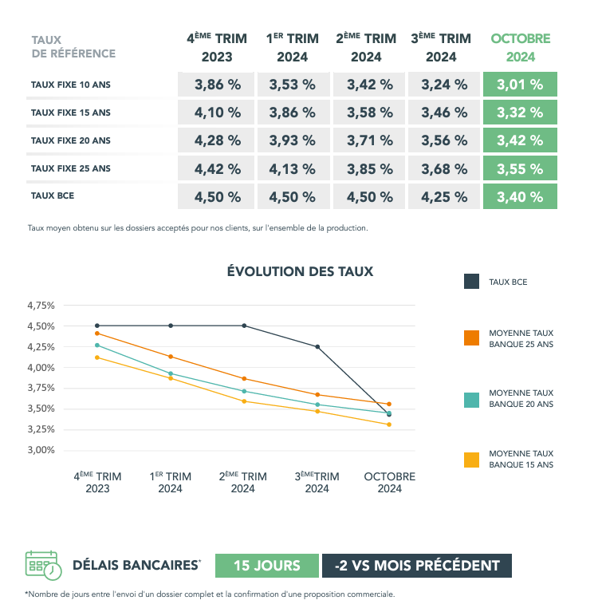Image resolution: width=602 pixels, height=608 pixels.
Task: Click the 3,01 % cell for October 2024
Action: [520, 85]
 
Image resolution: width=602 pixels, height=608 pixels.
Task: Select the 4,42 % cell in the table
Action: [218, 169]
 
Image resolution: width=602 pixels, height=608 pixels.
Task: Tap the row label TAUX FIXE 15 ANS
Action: [70, 113]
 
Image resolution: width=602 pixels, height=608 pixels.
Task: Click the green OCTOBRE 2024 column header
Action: [520, 48]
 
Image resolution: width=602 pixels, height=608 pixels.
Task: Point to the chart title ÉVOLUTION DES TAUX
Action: [300, 271]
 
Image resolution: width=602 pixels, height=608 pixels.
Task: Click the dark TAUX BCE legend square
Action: [471, 281]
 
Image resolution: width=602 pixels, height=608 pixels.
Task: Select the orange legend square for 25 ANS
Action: [471, 338]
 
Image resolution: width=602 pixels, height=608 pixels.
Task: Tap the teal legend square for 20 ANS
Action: [471, 398]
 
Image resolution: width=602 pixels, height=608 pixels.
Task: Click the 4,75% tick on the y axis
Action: [41, 306]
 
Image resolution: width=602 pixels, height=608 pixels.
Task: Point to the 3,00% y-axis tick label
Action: [41, 450]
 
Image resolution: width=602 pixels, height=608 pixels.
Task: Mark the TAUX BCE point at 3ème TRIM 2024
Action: [317, 347]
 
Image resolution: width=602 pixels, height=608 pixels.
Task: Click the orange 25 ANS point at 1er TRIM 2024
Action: [171, 357]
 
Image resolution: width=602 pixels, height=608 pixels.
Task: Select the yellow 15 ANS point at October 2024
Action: [389, 424]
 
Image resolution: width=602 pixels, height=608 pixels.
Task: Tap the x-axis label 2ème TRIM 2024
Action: [243, 483]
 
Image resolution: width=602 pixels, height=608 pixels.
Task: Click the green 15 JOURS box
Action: [266, 566]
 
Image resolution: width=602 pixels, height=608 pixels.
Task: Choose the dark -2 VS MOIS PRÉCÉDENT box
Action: [417, 566]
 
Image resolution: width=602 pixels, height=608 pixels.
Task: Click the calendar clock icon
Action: [43, 565]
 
